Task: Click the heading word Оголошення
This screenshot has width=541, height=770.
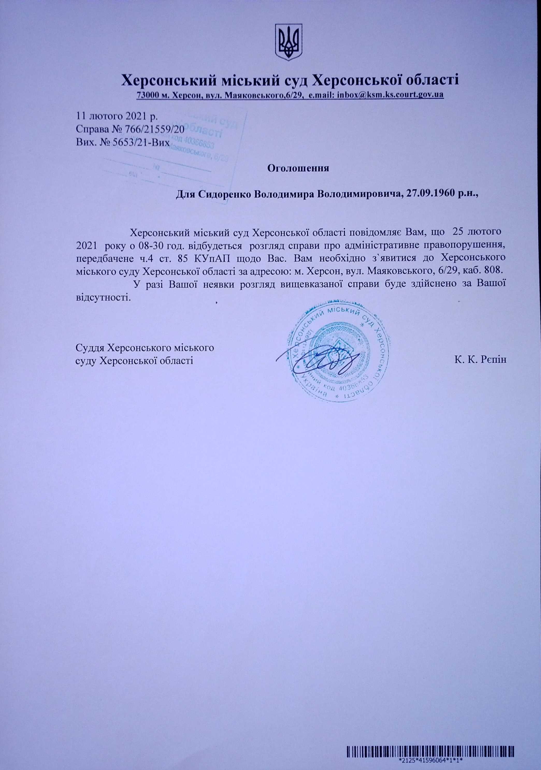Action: tap(298, 168)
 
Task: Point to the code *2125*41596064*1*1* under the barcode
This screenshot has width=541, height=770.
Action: tap(431, 766)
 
